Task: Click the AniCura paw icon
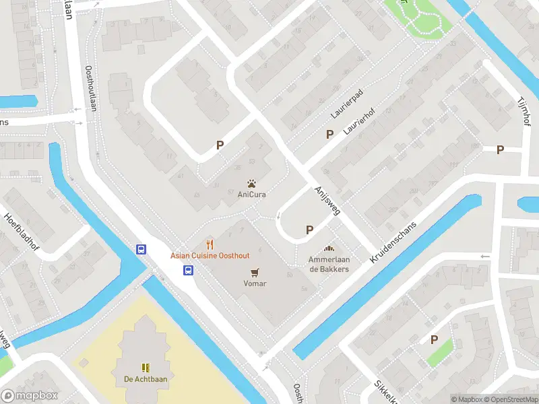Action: (x=251, y=183)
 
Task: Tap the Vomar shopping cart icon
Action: (x=255, y=272)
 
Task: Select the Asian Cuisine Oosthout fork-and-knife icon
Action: (x=210, y=244)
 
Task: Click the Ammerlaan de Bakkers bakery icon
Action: (x=329, y=249)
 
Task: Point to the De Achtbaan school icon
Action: (x=145, y=367)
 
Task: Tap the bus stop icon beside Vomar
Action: (x=189, y=271)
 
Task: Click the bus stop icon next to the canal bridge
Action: (x=141, y=249)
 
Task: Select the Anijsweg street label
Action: (x=327, y=201)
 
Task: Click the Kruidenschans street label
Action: (x=393, y=242)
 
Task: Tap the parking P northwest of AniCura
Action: (x=219, y=145)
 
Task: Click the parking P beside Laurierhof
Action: (x=329, y=134)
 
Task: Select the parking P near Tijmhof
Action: (x=500, y=149)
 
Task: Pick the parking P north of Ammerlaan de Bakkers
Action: (x=309, y=230)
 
